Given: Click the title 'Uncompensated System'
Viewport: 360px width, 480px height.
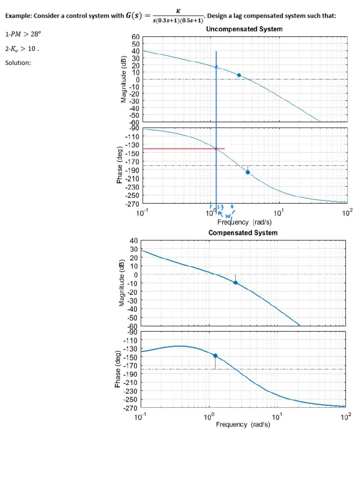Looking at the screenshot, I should point(244,29).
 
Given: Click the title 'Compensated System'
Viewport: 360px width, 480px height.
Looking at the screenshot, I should point(243,232).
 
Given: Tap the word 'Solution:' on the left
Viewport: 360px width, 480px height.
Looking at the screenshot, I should point(18,63).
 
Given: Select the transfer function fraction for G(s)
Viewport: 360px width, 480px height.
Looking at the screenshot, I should point(174,16).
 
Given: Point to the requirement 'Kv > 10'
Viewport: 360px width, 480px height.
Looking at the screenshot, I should point(22,48).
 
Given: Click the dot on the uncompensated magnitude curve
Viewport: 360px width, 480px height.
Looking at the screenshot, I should point(239,75).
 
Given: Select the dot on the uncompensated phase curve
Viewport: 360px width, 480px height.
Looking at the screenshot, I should point(247,172).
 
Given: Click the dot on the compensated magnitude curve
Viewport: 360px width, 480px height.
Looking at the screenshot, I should point(235,283).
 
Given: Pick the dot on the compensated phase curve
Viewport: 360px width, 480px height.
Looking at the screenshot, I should point(215,355).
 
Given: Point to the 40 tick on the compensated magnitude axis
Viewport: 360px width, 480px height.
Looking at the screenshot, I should point(134,240).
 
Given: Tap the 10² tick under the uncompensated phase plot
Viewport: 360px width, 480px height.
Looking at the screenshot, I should point(347,213).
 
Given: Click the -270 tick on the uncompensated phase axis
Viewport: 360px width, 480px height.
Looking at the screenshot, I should point(133,203).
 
